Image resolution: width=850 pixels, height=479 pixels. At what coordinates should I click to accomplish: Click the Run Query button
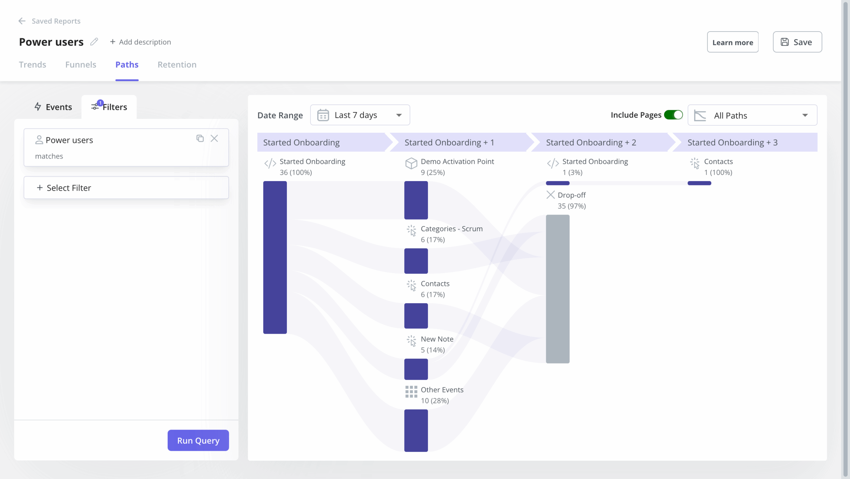[198, 440]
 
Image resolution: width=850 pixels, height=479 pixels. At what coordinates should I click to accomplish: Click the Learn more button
[732, 42]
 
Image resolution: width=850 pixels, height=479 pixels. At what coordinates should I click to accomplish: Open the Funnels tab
[81, 64]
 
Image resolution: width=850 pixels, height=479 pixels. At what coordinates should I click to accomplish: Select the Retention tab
[177, 64]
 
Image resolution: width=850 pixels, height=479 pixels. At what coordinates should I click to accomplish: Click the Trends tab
[32, 64]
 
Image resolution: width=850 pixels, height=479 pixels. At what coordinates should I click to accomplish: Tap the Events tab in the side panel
[53, 107]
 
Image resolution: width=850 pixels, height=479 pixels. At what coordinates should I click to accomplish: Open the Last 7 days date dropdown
[360, 115]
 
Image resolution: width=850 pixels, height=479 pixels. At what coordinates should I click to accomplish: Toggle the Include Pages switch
[673, 115]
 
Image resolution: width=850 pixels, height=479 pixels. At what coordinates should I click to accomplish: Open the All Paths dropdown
[752, 115]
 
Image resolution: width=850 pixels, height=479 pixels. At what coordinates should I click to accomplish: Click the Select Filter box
[126, 188]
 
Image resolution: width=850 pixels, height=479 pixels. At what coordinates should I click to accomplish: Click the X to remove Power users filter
[214, 138]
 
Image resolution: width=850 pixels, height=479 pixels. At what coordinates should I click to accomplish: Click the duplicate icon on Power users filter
[200, 138]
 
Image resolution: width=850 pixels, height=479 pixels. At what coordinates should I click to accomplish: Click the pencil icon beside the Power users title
[94, 42]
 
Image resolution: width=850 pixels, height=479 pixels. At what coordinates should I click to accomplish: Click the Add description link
[140, 42]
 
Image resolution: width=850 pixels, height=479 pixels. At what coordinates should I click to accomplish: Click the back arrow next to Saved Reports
[22, 21]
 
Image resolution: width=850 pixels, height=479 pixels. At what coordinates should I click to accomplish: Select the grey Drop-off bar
[557, 289]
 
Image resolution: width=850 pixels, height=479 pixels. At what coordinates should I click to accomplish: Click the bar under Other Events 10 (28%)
[416, 430]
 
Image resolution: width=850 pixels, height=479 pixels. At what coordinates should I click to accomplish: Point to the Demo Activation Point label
[457, 162]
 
